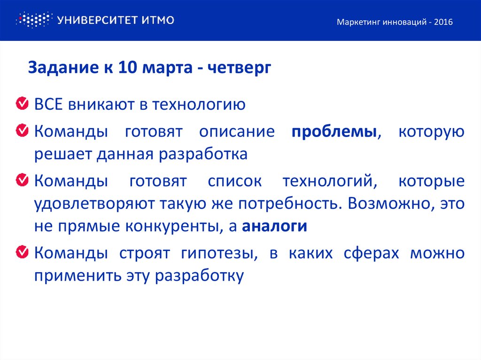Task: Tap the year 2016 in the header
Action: (443, 23)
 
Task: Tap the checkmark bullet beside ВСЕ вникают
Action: (22, 103)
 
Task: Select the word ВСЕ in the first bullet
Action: (48, 104)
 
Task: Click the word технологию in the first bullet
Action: (198, 104)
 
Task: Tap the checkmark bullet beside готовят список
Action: (22, 180)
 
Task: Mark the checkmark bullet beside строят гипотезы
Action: (22, 253)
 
